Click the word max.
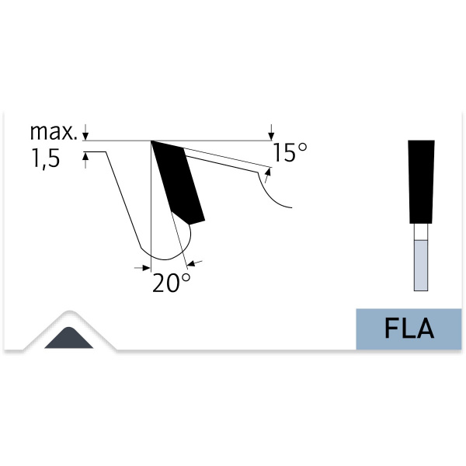coord(54,132)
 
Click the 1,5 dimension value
coord(46,158)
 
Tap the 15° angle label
coord(290,152)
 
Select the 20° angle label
coord(171,283)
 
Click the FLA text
coord(409,329)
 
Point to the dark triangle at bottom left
coord(68,339)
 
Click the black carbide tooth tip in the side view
coord(178,182)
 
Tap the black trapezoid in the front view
coord(422,182)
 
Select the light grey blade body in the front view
coord(421,265)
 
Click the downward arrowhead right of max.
coord(85,136)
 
